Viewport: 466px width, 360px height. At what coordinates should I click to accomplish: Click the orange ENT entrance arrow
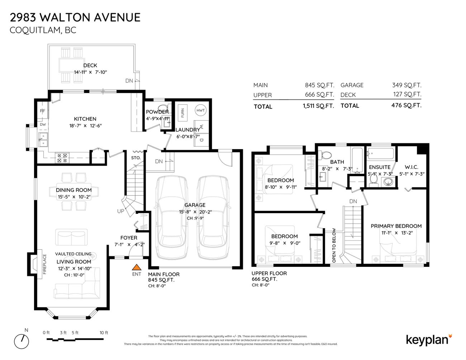coord(136,267)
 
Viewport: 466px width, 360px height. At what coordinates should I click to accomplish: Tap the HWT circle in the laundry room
coord(200,110)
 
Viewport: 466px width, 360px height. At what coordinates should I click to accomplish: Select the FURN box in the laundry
coord(182,112)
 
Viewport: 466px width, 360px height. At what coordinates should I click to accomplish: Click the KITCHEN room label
coord(85,119)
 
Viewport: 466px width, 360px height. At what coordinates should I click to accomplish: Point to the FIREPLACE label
coord(45,264)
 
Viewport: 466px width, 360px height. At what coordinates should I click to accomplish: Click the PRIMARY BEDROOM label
coord(396,226)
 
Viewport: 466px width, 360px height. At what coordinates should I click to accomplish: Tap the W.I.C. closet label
coord(411,167)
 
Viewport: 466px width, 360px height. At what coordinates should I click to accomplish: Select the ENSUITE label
coord(380,167)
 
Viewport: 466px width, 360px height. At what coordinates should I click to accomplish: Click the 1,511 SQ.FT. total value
coord(318,106)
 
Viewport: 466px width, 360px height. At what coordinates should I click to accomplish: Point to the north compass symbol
coord(22,341)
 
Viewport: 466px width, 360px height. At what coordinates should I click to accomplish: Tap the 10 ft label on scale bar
coord(104,333)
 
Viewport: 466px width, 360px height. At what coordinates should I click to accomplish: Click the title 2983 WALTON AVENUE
coord(75,17)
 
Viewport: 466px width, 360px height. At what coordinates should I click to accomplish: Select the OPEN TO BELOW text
coord(334,245)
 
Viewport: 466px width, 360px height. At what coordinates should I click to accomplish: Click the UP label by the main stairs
coord(120,211)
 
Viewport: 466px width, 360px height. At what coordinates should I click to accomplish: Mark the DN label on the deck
coord(129,81)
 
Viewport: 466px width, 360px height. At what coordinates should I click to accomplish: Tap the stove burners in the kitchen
coord(62,158)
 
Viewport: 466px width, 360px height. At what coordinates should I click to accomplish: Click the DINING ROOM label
coord(74,190)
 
